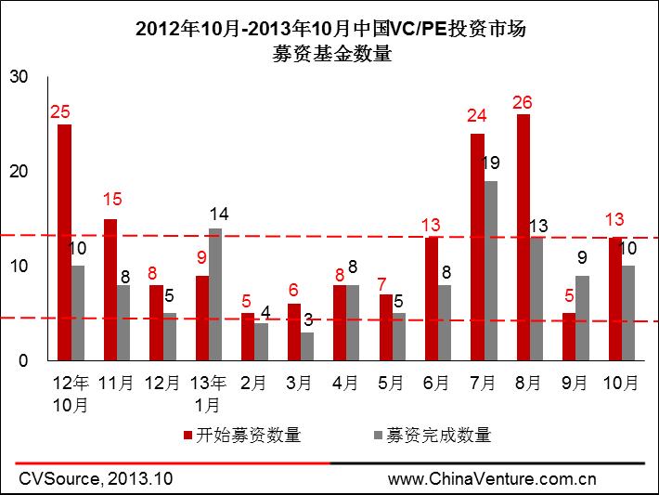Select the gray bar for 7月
(491, 270)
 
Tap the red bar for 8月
(523, 237)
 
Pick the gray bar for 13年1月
(215, 293)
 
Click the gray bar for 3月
(307, 345)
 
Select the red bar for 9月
(569, 336)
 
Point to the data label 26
(523, 102)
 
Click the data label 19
(492, 163)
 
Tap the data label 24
(477, 117)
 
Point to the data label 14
(219, 214)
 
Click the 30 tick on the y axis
(18, 77)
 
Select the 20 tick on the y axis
(18, 172)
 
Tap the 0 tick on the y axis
(23, 360)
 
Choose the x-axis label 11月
(116, 383)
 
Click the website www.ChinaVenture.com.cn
(492, 479)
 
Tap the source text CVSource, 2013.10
(96, 479)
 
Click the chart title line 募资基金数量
(330, 54)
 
